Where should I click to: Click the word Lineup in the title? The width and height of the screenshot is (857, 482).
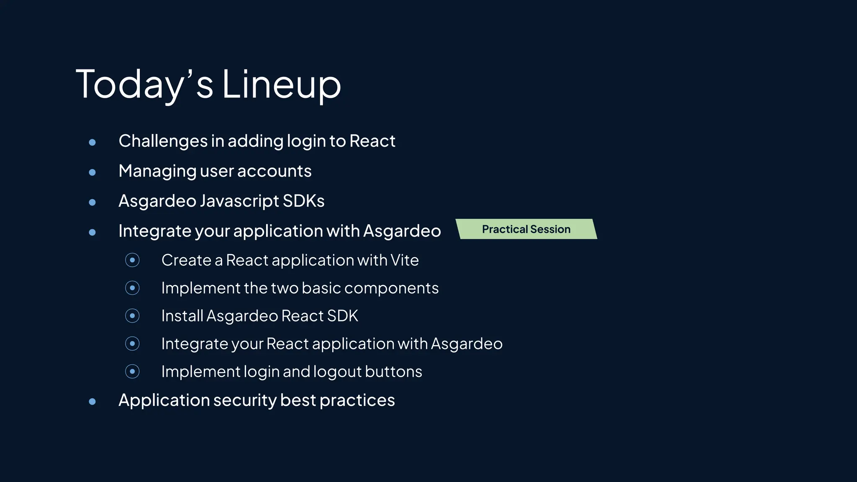coord(281,85)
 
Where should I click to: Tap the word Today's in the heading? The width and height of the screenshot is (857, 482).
coord(144,85)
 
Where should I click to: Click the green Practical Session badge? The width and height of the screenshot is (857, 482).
coord(526,229)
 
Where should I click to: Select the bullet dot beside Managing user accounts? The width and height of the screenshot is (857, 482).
coord(92,172)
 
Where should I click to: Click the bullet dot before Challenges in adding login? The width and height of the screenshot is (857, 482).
coord(92,142)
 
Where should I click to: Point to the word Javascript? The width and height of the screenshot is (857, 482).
coord(239,201)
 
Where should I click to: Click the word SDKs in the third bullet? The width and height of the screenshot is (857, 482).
coord(303,201)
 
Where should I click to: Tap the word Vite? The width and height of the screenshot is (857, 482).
coord(404,260)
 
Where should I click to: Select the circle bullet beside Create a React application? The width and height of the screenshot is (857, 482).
coord(132,260)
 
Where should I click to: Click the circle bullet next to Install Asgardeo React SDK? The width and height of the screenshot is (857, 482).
coord(132,316)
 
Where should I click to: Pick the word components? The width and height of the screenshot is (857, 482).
coord(391,288)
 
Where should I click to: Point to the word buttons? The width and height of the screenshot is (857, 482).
coord(393,372)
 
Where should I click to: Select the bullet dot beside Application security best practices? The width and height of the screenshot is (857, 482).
coord(92,402)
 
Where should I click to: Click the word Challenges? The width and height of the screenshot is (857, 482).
coord(163,141)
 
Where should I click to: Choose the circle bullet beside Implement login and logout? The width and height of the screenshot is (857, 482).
coord(132,372)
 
